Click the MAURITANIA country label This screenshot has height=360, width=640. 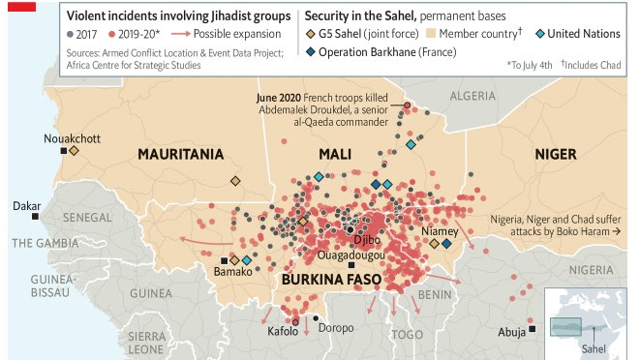click(181, 154)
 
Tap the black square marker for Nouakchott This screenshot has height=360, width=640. click(64, 151)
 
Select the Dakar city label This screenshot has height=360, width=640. click(26, 206)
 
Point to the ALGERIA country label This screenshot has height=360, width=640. click(472, 96)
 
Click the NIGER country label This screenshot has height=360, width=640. click(555, 154)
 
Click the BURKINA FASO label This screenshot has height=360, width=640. click(333, 280)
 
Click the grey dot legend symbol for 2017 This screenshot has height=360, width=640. click(71, 34)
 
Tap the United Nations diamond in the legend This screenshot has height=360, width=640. click(539, 34)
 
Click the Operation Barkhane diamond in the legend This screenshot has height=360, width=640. click(312, 51)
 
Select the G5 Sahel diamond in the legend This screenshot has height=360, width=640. click(312, 34)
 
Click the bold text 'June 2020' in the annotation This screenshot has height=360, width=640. click(279, 98)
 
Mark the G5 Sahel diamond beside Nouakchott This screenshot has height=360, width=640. click(74, 151)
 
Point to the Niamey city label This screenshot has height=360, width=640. click(439, 231)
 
